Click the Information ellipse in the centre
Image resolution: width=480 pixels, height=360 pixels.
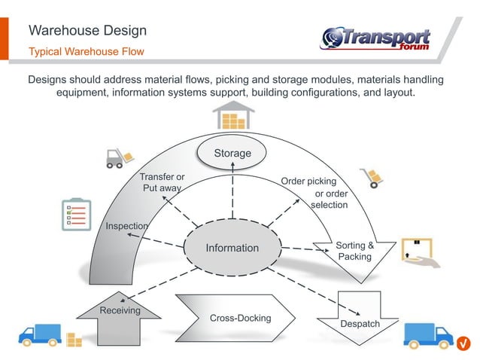click(232, 248)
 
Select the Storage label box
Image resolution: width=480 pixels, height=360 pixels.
click(232, 154)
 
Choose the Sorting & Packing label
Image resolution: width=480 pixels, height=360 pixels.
click(354, 251)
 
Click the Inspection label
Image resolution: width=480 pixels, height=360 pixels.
click(126, 226)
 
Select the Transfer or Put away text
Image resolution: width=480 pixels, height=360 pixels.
click(162, 182)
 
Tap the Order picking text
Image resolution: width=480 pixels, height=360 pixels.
click(308, 182)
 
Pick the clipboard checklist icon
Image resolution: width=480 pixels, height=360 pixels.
click(76, 214)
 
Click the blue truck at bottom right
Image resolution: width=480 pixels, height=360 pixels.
click(427, 335)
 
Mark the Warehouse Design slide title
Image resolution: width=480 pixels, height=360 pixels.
click(87, 31)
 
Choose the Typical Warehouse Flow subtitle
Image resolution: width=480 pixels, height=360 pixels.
click(86, 52)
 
